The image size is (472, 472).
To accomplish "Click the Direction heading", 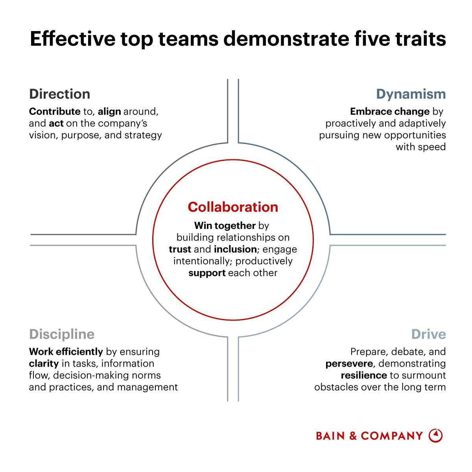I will click(x=59, y=94).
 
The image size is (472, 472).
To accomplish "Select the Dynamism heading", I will click(x=411, y=94).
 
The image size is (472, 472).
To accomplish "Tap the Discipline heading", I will click(x=62, y=334).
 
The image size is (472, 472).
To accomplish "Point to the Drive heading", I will click(x=428, y=334).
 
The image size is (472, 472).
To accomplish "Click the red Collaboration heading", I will click(x=233, y=207).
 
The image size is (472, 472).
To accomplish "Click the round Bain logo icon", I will click(x=435, y=435).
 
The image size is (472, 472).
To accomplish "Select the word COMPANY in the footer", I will click(x=392, y=436).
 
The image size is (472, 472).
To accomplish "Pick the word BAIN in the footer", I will click(x=330, y=436).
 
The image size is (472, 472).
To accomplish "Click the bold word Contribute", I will click(x=55, y=111).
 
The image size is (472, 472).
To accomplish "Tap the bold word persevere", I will click(x=349, y=363).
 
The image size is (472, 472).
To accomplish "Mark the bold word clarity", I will click(x=44, y=363).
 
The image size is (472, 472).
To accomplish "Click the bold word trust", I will click(x=180, y=249).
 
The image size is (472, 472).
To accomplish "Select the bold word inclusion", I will click(x=235, y=249).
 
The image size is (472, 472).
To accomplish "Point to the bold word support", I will click(x=207, y=273).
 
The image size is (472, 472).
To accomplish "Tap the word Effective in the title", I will click(x=73, y=39).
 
